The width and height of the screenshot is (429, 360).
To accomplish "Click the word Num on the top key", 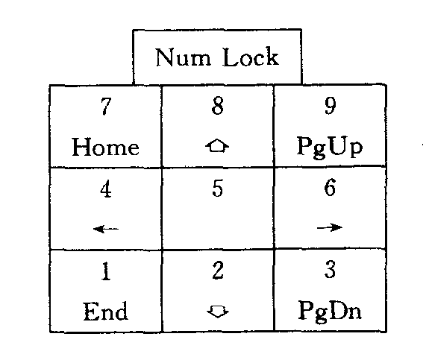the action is point(184,57).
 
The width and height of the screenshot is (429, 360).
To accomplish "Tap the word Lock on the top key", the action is point(251,57).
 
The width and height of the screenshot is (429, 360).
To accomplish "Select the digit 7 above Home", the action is point(106,106).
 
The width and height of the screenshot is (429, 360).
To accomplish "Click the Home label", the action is point(106,147).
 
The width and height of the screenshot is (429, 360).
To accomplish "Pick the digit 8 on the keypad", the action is point(218,106).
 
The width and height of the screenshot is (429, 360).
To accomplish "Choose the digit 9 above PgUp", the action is point(330,106).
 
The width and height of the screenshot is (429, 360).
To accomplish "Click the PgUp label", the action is point(330,148).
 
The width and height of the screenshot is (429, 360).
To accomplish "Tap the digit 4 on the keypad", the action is point(106,189).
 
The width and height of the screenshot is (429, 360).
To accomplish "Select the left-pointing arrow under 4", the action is point(106,229).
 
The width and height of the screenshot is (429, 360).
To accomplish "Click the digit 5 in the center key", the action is point(218,188).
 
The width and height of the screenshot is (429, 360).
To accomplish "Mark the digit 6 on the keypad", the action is point(330,187).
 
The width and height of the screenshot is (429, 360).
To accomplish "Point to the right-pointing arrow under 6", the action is point(330,227).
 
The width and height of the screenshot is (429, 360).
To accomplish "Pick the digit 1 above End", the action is point(106,271).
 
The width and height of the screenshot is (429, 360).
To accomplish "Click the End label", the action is point(106,311).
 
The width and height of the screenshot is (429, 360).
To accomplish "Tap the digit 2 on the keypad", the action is point(218,270).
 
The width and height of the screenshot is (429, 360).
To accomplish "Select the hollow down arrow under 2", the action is point(218,312).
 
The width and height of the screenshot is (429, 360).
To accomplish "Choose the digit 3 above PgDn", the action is point(330,269).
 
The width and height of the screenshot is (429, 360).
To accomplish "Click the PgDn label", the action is point(330,310).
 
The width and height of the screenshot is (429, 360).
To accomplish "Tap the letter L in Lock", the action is point(230,57).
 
